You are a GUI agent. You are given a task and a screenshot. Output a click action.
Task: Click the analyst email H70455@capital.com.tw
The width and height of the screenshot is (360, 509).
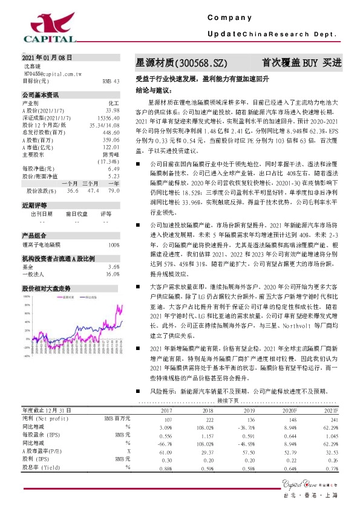click(x=61, y=73)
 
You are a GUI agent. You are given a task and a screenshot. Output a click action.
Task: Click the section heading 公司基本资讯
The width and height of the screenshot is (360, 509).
click(x=41, y=96)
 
